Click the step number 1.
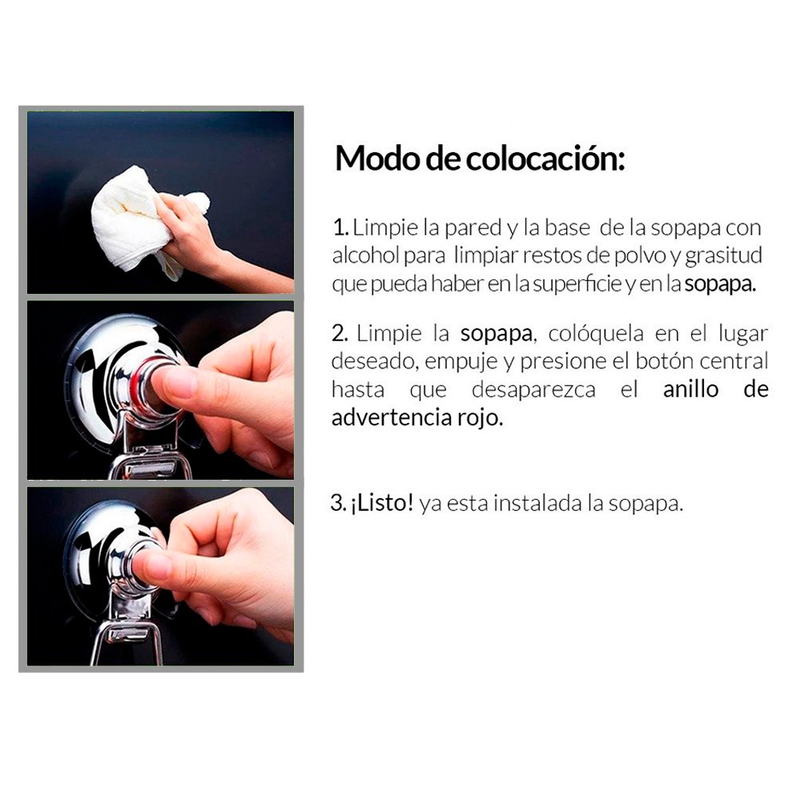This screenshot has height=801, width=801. pos(338,227)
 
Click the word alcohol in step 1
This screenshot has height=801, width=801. pos(360,256)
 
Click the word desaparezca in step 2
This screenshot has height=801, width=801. pos(545,390)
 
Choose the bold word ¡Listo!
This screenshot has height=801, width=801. pos(383,504)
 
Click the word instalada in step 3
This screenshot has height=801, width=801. pos(544,504)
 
